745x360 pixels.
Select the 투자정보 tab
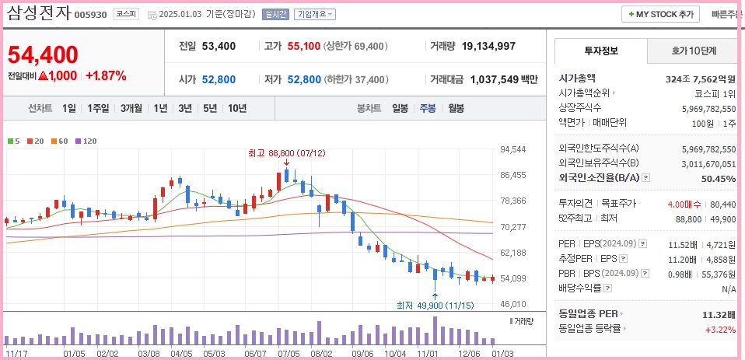[600, 51]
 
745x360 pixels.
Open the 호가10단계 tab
[694, 51]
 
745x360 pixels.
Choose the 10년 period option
[237, 108]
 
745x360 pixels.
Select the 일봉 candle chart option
[400, 108]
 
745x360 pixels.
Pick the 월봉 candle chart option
[456, 108]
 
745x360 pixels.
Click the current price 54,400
[43, 54]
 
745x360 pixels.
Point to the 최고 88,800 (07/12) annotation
[282, 154]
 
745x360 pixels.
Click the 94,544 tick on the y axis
[513, 149]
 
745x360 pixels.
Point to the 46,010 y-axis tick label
[513, 304]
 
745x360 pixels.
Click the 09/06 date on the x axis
[362, 353]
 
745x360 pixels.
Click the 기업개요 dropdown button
[315, 14]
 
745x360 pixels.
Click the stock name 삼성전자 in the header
[39, 13]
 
